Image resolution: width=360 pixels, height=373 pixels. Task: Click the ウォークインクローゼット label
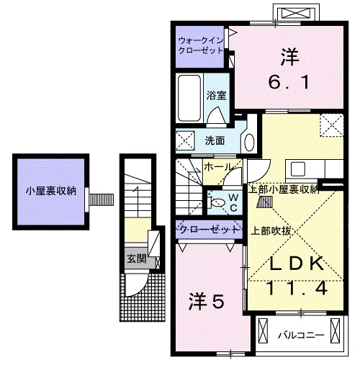201,45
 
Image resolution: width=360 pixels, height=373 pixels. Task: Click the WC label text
233,202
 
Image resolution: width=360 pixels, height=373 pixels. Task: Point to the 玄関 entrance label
136,258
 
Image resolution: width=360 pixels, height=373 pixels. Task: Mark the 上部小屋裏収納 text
283,189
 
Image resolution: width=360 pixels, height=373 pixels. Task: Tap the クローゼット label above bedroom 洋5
209,230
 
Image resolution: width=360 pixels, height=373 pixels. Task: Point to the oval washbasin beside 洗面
248,140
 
